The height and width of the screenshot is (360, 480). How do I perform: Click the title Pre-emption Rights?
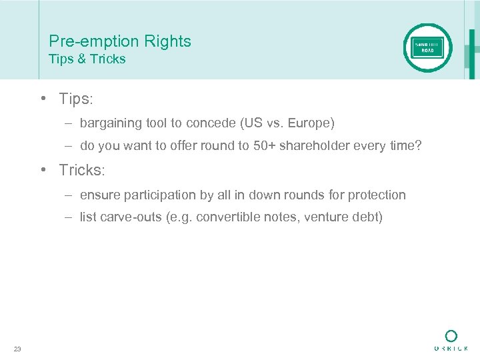click(x=120, y=41)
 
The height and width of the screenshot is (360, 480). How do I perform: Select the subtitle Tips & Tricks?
click(x=87, y=59)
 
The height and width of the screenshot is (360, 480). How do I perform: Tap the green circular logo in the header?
click(x=427, y=47)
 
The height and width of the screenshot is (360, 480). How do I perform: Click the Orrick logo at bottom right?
click(x=451, y=340)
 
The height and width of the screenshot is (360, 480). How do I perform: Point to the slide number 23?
click(x=17, y=349)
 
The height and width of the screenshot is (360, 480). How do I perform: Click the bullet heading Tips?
click(x=76, y=99)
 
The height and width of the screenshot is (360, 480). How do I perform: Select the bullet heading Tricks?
click(x=82, y=170)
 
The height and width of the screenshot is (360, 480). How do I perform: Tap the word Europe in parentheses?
click(x=309, y=123)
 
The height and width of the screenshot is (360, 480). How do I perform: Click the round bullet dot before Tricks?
click(x=42, y=170)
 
